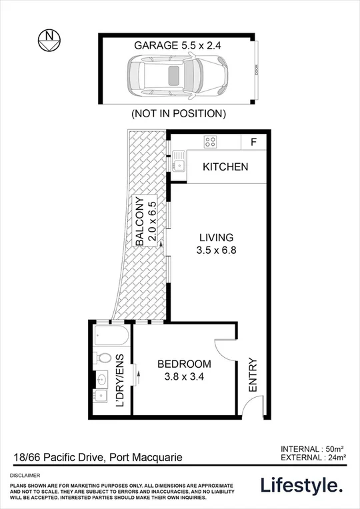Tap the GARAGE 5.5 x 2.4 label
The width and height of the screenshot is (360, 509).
(177, 46)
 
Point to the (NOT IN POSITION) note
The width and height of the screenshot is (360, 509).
(179, 113)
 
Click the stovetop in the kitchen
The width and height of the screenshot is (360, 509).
(210, 141)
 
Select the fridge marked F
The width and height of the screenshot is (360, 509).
(253, 141)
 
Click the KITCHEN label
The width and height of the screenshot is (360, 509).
(225, 167)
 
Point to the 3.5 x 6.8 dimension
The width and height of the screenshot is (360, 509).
(216, 251)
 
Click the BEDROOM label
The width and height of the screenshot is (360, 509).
(184, 364)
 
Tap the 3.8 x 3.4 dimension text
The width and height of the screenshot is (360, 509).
(184, 377)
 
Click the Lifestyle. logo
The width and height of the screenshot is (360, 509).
(301, 486)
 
